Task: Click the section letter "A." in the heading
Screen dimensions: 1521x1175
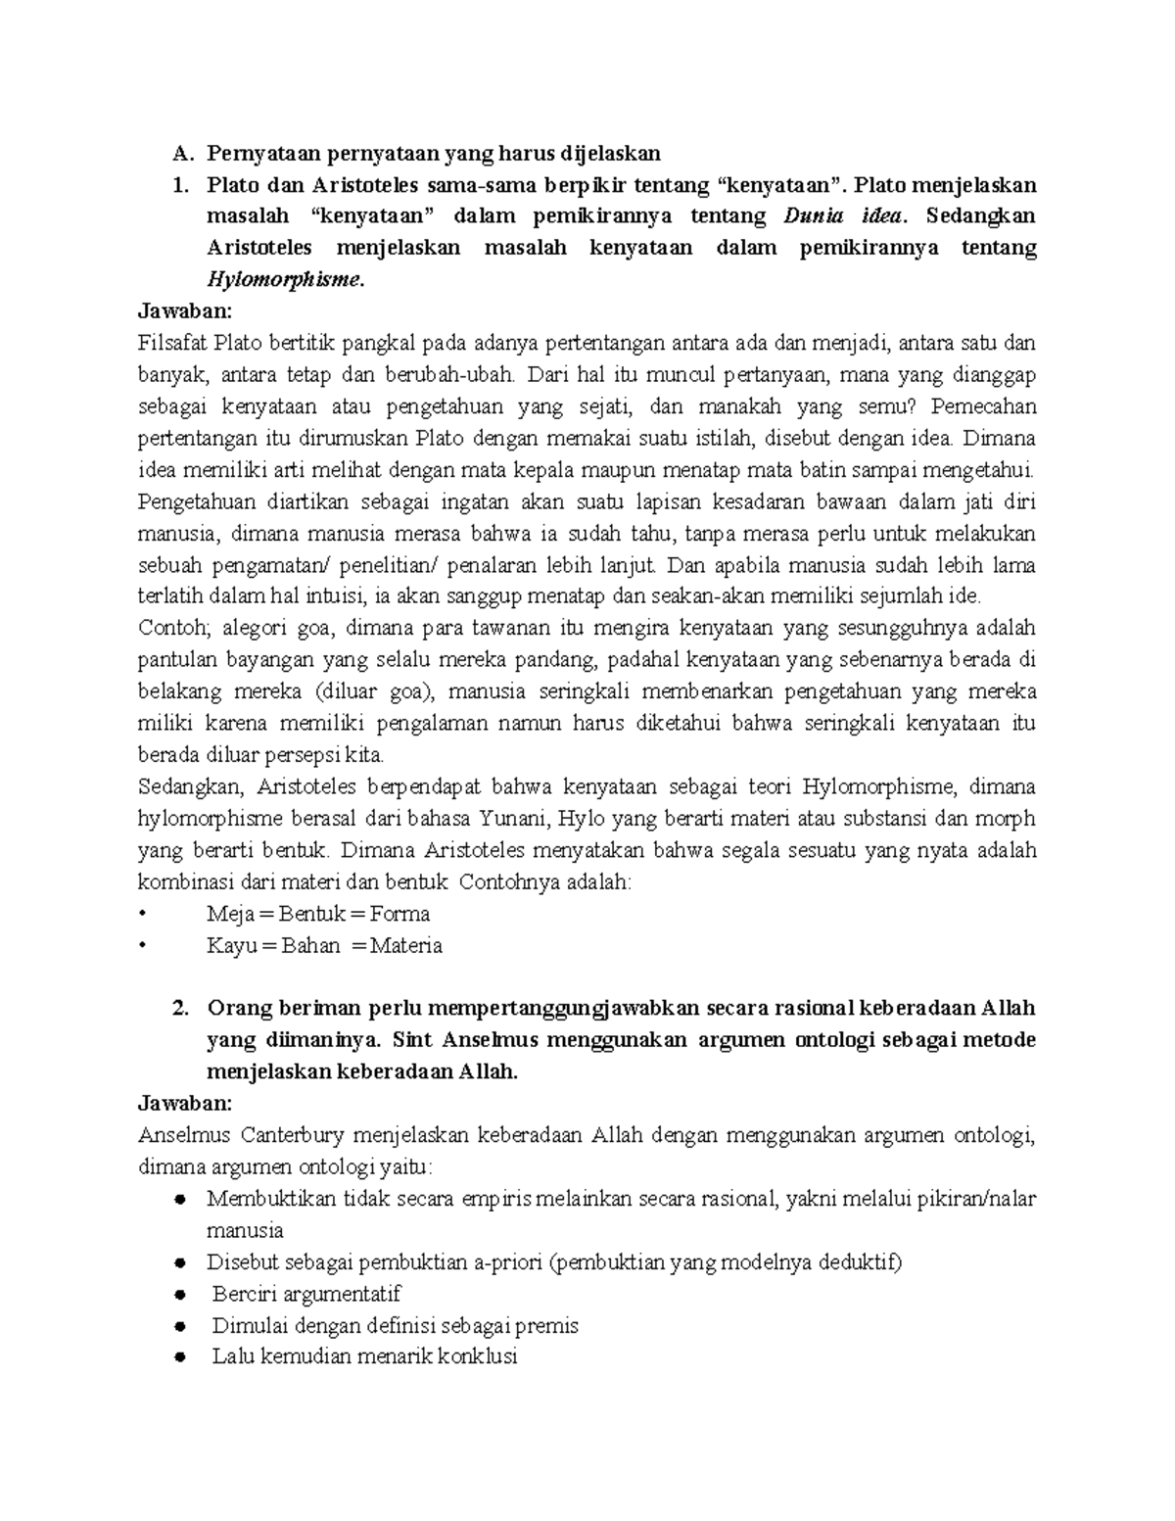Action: coord(179,153)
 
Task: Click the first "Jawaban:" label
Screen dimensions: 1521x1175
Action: coord(186,311)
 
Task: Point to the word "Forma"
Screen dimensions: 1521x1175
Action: coord(400,914)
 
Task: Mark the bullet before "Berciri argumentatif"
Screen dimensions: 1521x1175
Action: coord(179,1295)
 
